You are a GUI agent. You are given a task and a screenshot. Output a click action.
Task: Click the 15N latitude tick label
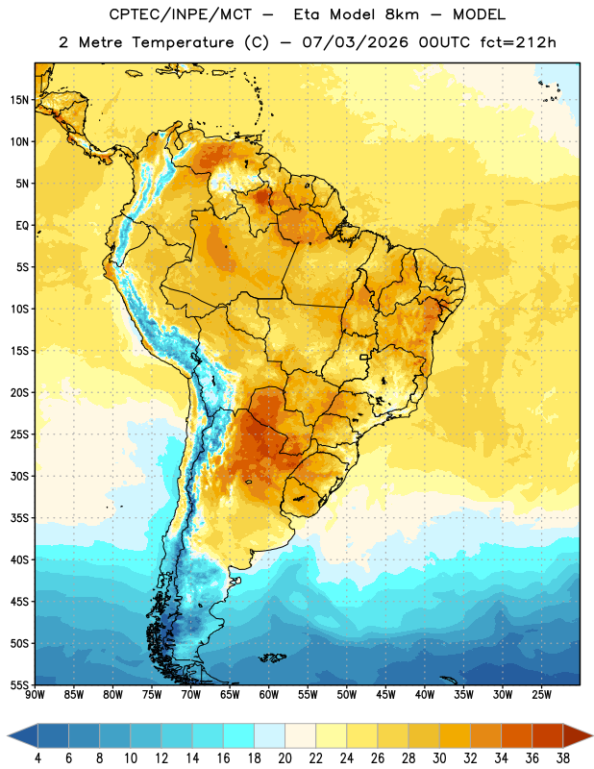[x=18, y=100]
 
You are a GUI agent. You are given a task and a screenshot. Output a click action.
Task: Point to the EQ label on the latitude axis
[x=22, y=226]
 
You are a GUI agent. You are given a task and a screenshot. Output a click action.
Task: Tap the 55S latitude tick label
[x=18, y=685]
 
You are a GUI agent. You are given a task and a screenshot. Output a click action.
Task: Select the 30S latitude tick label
[x=18, y=476]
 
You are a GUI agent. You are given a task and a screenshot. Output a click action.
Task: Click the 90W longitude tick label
[x=35, y=695]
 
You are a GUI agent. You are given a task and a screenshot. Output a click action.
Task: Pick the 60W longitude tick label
[x=269, y=695]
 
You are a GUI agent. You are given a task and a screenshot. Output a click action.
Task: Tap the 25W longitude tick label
[x=541, y=695]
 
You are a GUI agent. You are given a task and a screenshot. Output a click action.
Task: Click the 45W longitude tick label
[x=385, y=695]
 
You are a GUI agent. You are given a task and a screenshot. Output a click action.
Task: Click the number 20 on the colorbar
[x=285, y=758]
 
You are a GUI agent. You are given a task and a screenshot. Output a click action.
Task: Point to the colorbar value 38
[x=563, y=758]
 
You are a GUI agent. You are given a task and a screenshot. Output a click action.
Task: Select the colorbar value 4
[x=37, y=758]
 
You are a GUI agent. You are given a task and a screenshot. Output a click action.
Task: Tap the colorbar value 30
[x=439, y=758]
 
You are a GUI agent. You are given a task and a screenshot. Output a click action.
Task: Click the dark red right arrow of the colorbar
[x=578, y=735]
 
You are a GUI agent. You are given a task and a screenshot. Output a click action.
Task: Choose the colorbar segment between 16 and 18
[x=239, y=735]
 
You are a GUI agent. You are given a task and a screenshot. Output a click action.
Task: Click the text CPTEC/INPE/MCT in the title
[x=180, y=14]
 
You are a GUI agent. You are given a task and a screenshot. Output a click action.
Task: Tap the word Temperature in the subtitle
[x=183, y=42]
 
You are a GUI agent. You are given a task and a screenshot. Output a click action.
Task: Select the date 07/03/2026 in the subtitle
[x=355, y=42]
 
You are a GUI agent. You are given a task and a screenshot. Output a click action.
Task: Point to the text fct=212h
[x=518, y=42]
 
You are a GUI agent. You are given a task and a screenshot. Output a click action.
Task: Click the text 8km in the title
[x=402, y=14]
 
